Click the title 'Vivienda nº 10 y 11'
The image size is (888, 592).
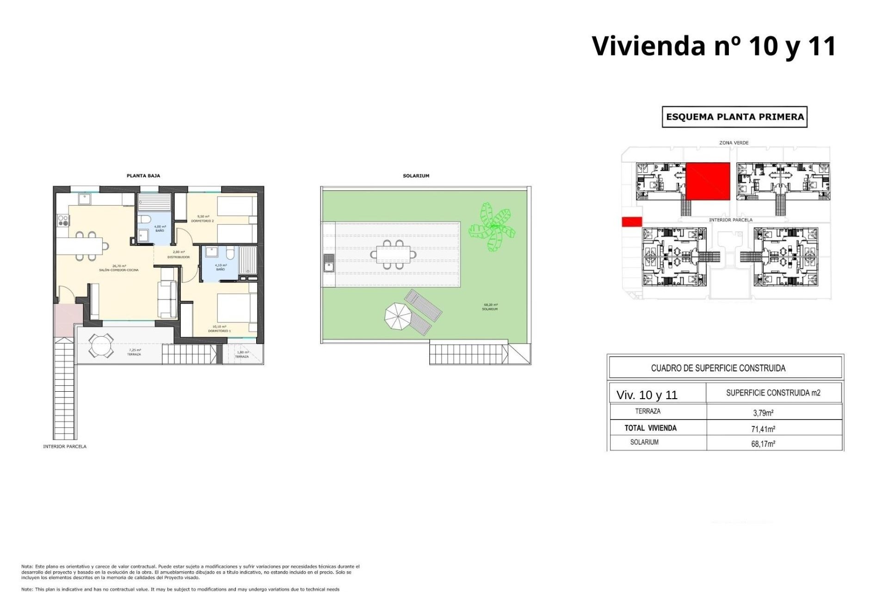(714, 46)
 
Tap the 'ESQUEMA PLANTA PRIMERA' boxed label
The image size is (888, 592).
(734, 117)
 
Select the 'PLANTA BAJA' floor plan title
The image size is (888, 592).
(143, 176)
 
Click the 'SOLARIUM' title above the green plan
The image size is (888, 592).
(416, 176)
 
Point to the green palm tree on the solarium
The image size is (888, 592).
(492, 227)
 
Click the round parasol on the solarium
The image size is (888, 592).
(398, 316)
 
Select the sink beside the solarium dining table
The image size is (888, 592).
(328, 264)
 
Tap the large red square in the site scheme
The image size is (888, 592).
(707, 181)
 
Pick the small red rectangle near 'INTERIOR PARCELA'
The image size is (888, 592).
(632, 222)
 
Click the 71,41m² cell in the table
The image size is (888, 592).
(763, 429)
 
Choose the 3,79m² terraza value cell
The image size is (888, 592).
(763, 413)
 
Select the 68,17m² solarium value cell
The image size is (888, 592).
(763, 444)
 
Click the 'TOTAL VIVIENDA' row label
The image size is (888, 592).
(650, 428)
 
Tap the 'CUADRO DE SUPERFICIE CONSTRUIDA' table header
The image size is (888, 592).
(718, 368)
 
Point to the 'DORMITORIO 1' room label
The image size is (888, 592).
(219, 331)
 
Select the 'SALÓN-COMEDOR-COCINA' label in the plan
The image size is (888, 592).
(119, 270)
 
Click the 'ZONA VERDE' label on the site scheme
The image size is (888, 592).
(734, 143)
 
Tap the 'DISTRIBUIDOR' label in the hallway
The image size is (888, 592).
(179, 257)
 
